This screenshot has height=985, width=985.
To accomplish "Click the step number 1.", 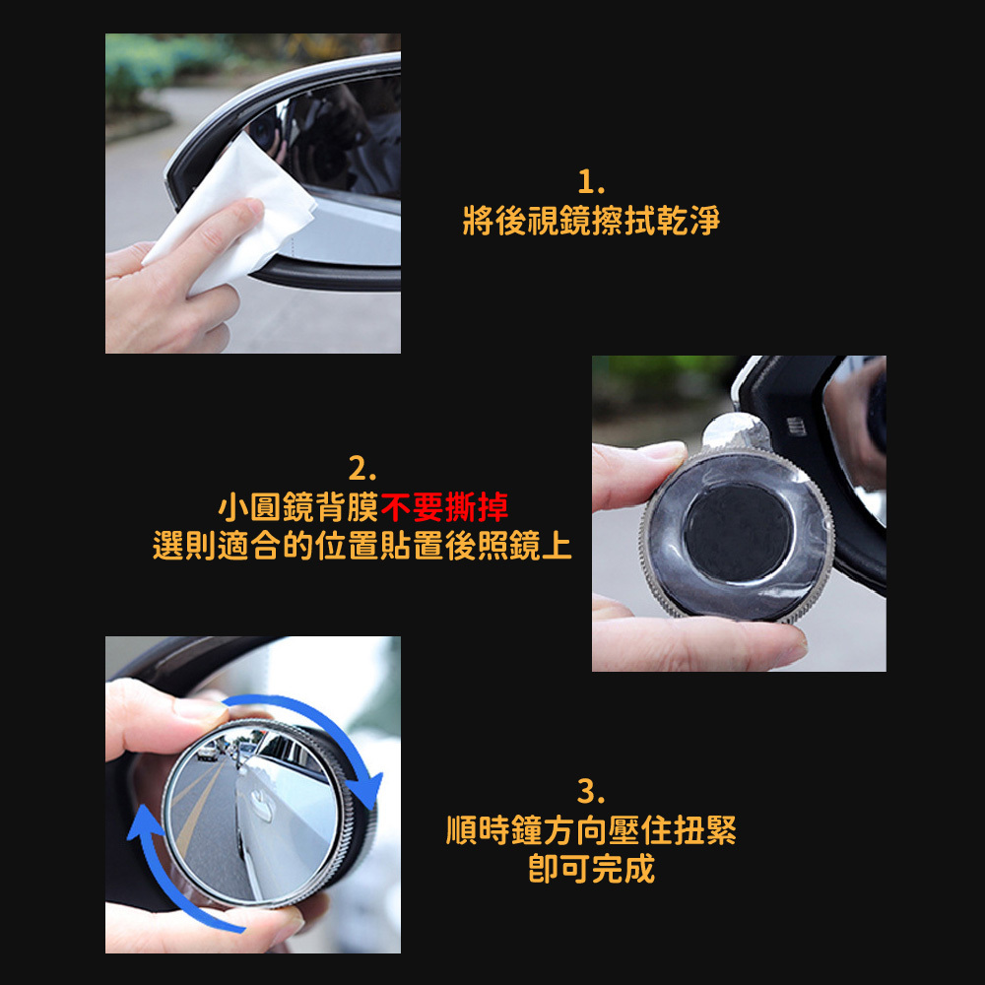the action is pyautogui.click(x=590, y=182).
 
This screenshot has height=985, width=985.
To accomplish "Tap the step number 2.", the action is pyautogui.click(x=361, y=468).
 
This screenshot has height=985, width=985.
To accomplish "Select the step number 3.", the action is pyautogui.click(x=590, y=791).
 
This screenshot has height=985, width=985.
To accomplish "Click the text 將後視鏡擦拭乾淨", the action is pyautogui.click(x=591, y=221).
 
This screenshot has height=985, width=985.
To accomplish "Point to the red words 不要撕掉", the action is pyautogui.click(x=445, y=507).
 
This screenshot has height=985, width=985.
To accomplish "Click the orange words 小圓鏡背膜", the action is pyautogui.click(x=298, y=507).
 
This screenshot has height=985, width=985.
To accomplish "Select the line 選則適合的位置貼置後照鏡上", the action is pyautogui.click(x=362, y=545).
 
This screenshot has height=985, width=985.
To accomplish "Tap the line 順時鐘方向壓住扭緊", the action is pyautogui.click(x=591, y=829).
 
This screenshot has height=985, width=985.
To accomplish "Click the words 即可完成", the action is pyautogui.click(x=591, y=868).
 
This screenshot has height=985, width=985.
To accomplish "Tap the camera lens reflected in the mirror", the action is pyautogui.click(x=263, y=132).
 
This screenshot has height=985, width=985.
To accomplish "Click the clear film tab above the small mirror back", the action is pyautogui.click(x=735, y=431).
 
